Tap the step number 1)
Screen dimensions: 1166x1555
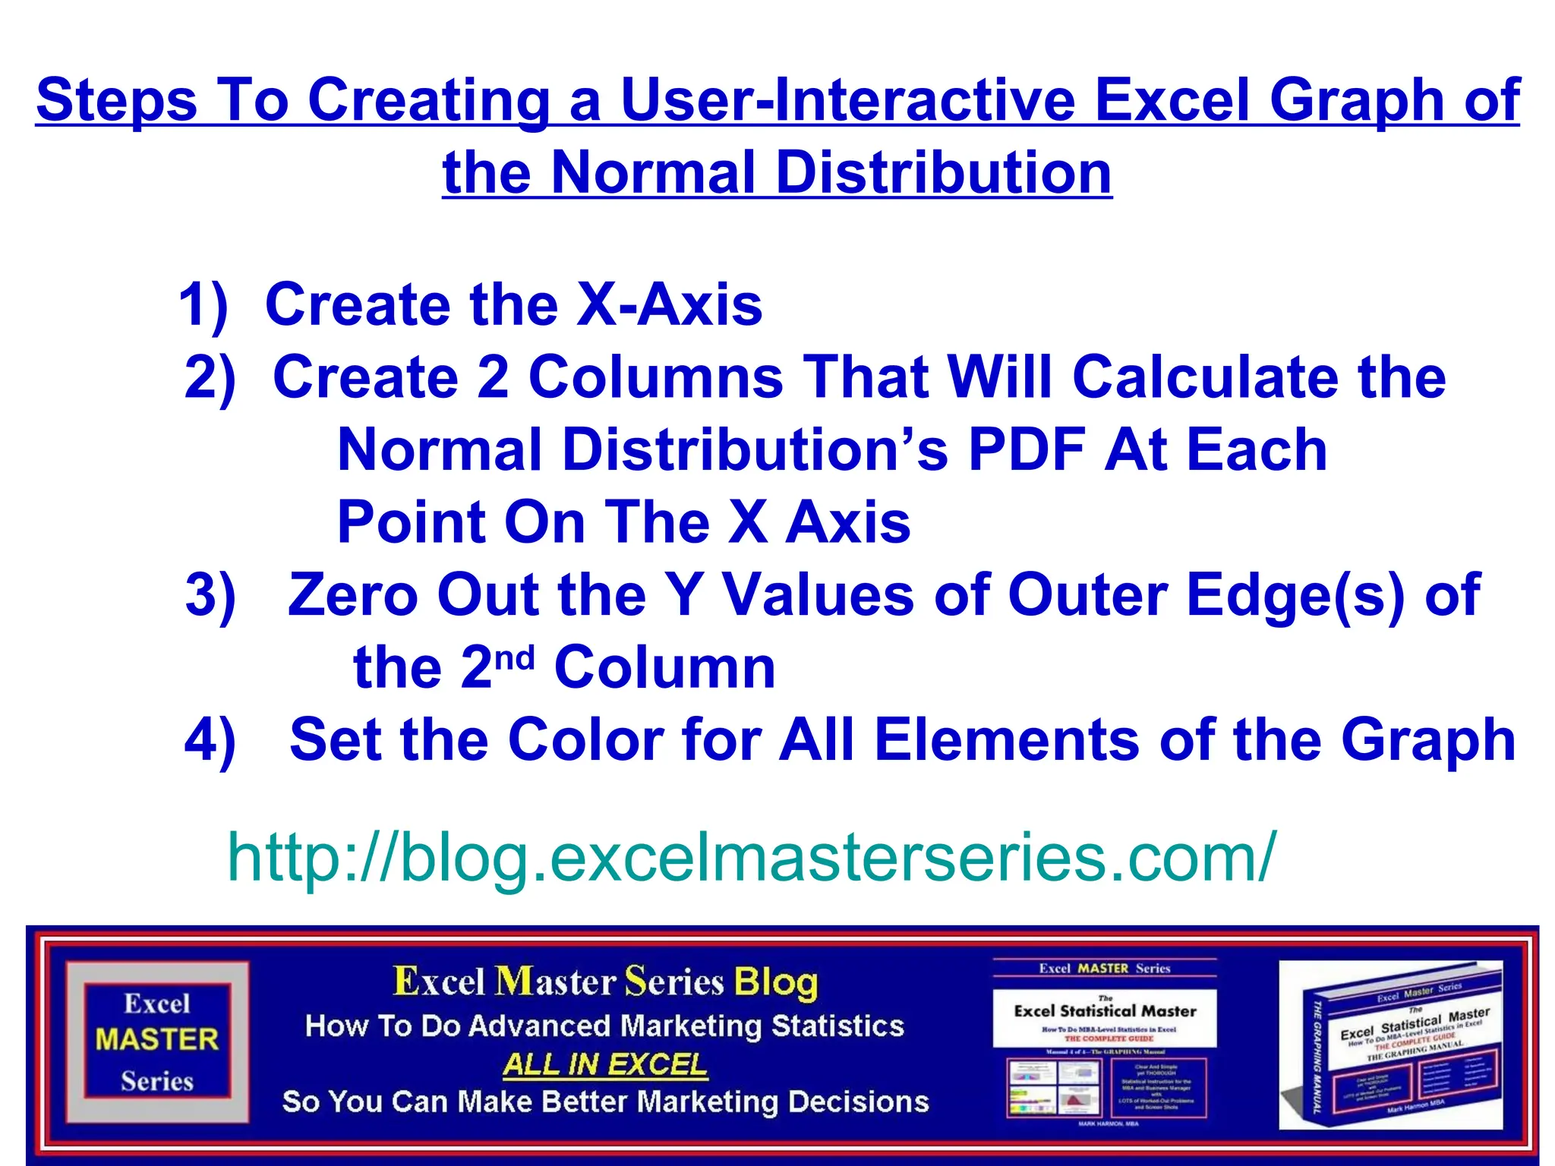pos(203,305)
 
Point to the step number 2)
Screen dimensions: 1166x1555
pos(210,377)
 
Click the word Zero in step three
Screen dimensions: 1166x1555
pos(352,595)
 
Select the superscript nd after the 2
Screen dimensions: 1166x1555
pos(515,656)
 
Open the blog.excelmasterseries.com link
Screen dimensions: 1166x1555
pos(752,857)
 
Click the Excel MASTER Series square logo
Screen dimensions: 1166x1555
pos(157,1041)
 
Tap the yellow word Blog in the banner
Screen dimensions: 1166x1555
pos(776,982)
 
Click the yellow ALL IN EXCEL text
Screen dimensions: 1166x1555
pos(605,1064)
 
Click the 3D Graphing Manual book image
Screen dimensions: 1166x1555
pos(1391,1046)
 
